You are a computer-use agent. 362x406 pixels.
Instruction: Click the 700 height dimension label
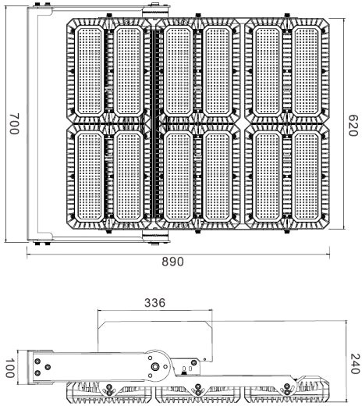pos(14,124)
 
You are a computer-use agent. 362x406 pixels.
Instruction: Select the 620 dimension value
pos(353,126)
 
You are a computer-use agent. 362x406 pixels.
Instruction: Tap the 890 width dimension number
pos(172,262)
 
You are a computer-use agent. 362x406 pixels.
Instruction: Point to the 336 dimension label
pos(154,303)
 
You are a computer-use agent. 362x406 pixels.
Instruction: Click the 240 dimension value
pos(356,364)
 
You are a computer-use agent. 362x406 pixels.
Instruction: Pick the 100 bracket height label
pos(10,368)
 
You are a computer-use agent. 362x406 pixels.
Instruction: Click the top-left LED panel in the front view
pos(89,71)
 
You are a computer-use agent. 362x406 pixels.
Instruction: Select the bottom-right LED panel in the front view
pos(307,176)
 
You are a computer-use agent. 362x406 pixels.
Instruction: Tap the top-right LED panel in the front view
pos(307,71)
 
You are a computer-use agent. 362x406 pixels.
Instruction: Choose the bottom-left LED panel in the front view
pos(89,176)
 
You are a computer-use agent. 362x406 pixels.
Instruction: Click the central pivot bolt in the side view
pos(155,367)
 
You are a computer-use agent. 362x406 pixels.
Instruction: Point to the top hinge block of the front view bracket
pos(155,12)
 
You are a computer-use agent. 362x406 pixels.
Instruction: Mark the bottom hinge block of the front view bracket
pos(155,237)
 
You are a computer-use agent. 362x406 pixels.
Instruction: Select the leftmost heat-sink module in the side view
pos(108,392)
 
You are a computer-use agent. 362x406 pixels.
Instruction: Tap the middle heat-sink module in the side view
pos(197,393)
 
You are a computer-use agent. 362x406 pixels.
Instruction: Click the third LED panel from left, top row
pos(179,71)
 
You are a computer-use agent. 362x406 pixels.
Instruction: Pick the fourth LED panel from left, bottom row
pos(218,176)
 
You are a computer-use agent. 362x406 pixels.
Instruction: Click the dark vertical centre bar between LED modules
pos(155,124)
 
